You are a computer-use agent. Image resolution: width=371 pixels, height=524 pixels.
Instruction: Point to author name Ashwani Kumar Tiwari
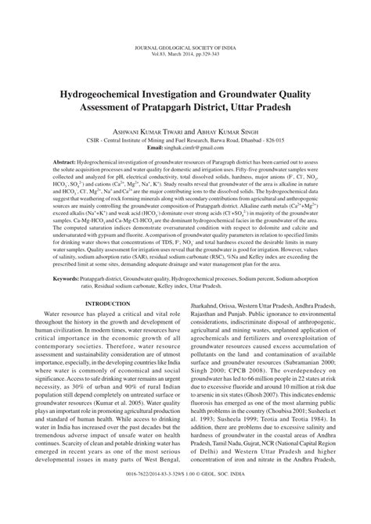[x=142, y=113]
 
